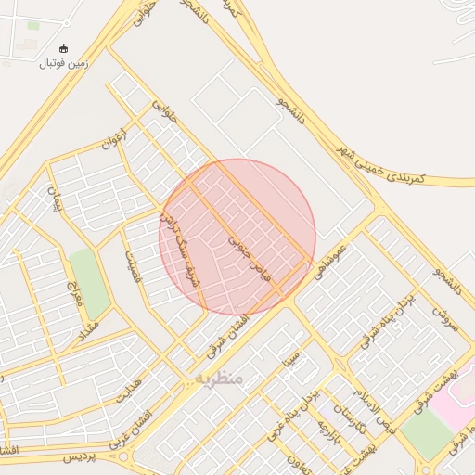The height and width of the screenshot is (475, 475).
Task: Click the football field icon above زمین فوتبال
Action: point(63,48)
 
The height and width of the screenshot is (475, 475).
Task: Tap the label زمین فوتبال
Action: point(63,63)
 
